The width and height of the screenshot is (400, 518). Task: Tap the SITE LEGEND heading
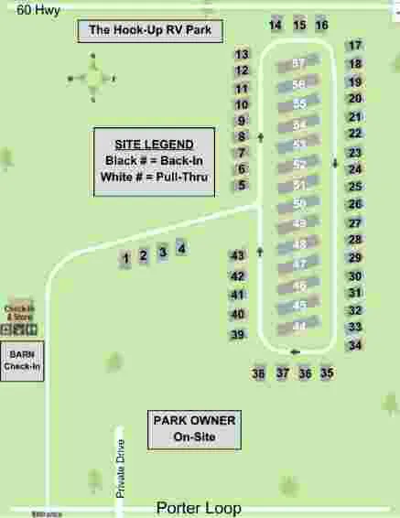point(154,145)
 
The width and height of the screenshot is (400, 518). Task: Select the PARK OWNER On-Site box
point(194,429)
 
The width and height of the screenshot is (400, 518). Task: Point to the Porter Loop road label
point(200,507)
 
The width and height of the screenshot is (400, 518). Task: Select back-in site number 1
point(125,260)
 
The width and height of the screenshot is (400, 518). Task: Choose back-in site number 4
point(181,248)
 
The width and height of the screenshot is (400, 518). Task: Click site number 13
point(242,55)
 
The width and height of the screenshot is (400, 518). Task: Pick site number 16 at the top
point(321,25)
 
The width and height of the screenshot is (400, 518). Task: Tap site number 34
point(355,345)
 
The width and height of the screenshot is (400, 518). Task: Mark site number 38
point(259,373)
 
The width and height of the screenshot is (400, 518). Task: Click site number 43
point(238,255)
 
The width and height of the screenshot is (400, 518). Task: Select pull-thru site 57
point(298,64)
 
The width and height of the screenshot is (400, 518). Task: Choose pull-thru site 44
point(298,327)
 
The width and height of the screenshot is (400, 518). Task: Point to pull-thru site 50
point(298,204)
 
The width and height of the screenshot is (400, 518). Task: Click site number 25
point(355,187)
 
